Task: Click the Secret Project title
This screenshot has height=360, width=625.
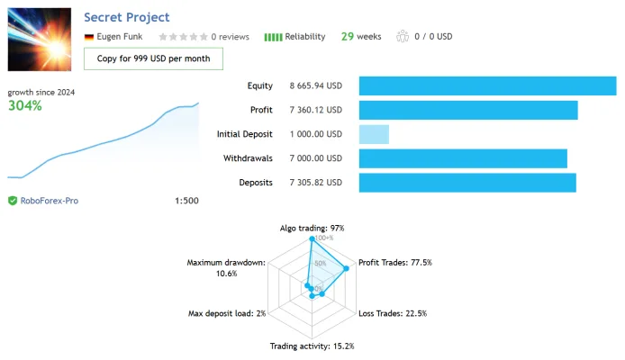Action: point(127,17)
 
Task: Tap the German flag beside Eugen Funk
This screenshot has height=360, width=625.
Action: point(89,37)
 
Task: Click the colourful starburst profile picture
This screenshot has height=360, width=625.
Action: point(40,40)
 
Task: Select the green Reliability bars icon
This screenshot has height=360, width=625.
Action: point(273,37)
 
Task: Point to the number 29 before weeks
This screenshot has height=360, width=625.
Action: point(348,37)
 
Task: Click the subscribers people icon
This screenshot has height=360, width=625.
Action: point(403,36)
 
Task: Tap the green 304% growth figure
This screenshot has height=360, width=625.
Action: point(24,105)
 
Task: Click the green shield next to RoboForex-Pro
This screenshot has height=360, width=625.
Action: point(13,201)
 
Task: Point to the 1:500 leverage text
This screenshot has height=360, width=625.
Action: point(186,201)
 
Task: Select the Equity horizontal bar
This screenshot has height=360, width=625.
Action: point(487,86)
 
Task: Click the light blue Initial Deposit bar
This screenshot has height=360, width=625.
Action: point(374,134)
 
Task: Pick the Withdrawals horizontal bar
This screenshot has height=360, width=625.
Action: point(463,158)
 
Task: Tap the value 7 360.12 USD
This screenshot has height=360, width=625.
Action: point(316,110)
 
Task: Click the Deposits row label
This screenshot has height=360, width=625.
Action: point(256,183)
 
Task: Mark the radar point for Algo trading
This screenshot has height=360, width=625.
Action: point(312,238)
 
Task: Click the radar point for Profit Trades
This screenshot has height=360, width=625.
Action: point(347,268)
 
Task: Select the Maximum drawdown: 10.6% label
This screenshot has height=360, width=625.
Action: point(226,268)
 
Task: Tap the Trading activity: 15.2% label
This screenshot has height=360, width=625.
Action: point(312,346)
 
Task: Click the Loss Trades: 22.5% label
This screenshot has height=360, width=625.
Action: point(393,313)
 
